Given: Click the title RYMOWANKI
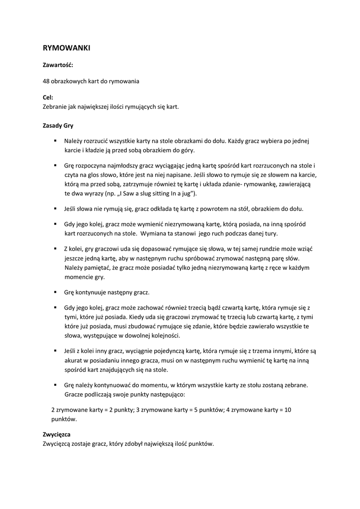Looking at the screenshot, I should (66, 48).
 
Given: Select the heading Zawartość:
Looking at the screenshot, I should (58, 65).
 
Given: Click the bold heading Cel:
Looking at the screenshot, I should (48, 98).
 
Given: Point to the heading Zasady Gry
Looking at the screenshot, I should (58, 125).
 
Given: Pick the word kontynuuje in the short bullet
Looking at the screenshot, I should (92, 292).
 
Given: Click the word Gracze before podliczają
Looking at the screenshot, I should (74, 394).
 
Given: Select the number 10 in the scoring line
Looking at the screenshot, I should (287, 410).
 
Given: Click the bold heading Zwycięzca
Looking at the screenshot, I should (57, 434).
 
